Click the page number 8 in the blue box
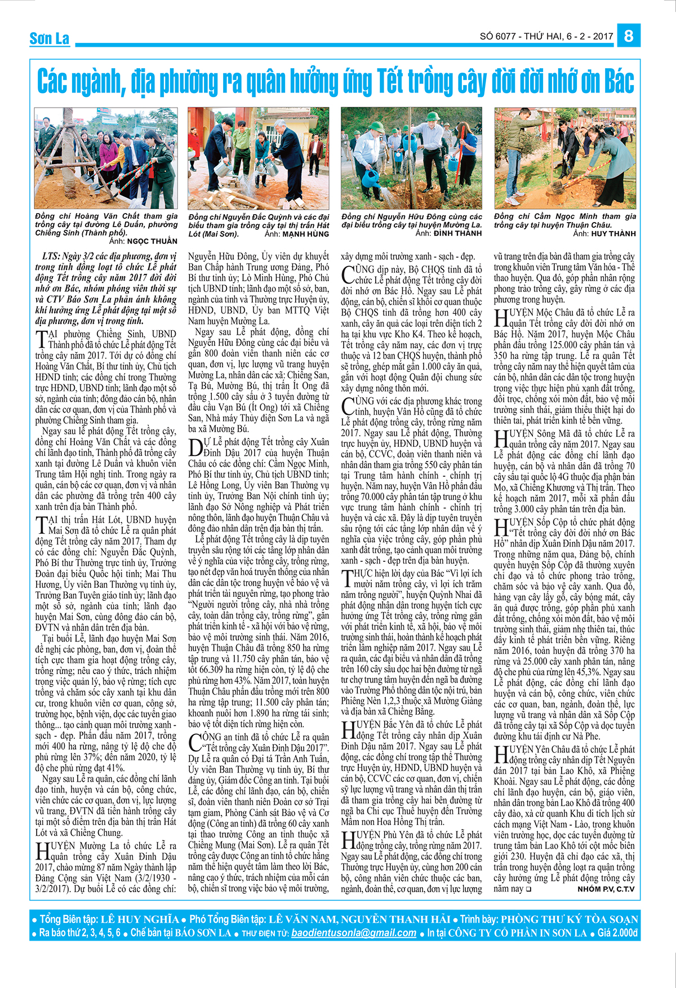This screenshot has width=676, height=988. tap(629, 36)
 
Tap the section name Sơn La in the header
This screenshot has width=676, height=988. tap(50, 38)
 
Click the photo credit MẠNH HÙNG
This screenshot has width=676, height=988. tap(306, 234)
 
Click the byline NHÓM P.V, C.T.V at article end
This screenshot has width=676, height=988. tap(606, 889)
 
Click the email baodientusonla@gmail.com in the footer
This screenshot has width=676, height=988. tap(354, 933)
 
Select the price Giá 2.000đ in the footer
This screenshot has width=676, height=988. tap(618, 933)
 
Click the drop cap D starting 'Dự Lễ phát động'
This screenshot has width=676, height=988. tap(194, 448)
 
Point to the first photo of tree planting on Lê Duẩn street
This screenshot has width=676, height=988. tap(106, 158)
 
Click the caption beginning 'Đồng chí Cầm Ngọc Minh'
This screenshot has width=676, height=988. tap(565, 220)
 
